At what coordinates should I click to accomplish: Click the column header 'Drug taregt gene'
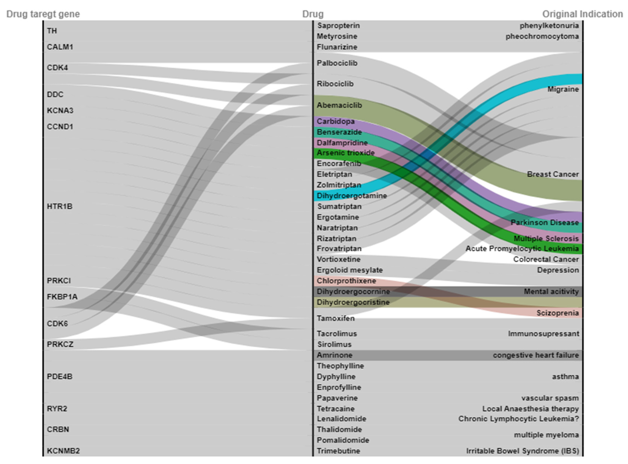(x=43, y=14)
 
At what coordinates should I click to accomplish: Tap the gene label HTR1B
(x=60, y=206)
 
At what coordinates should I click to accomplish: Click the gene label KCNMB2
(x=63, y=451)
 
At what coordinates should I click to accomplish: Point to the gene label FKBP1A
(x=62, y=297)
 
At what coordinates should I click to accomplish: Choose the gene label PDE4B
(x=60, y=376)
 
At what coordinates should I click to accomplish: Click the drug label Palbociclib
(x=337, y=63)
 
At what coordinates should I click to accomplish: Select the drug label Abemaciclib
(x=339, y=105)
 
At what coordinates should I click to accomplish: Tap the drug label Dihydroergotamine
(x=352, y=196)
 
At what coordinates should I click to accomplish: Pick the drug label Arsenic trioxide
(x=346, y=153)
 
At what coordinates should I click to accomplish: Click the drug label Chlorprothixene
(x=346, y=281)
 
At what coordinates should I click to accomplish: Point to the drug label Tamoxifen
(x=336, y=318)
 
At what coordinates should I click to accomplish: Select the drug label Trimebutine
(x=338, y=451)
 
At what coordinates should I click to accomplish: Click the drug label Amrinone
(x=334, y=355)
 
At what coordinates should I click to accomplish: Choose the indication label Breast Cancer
(x=553, y=174)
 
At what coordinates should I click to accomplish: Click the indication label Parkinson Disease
(x=545, y=223)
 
